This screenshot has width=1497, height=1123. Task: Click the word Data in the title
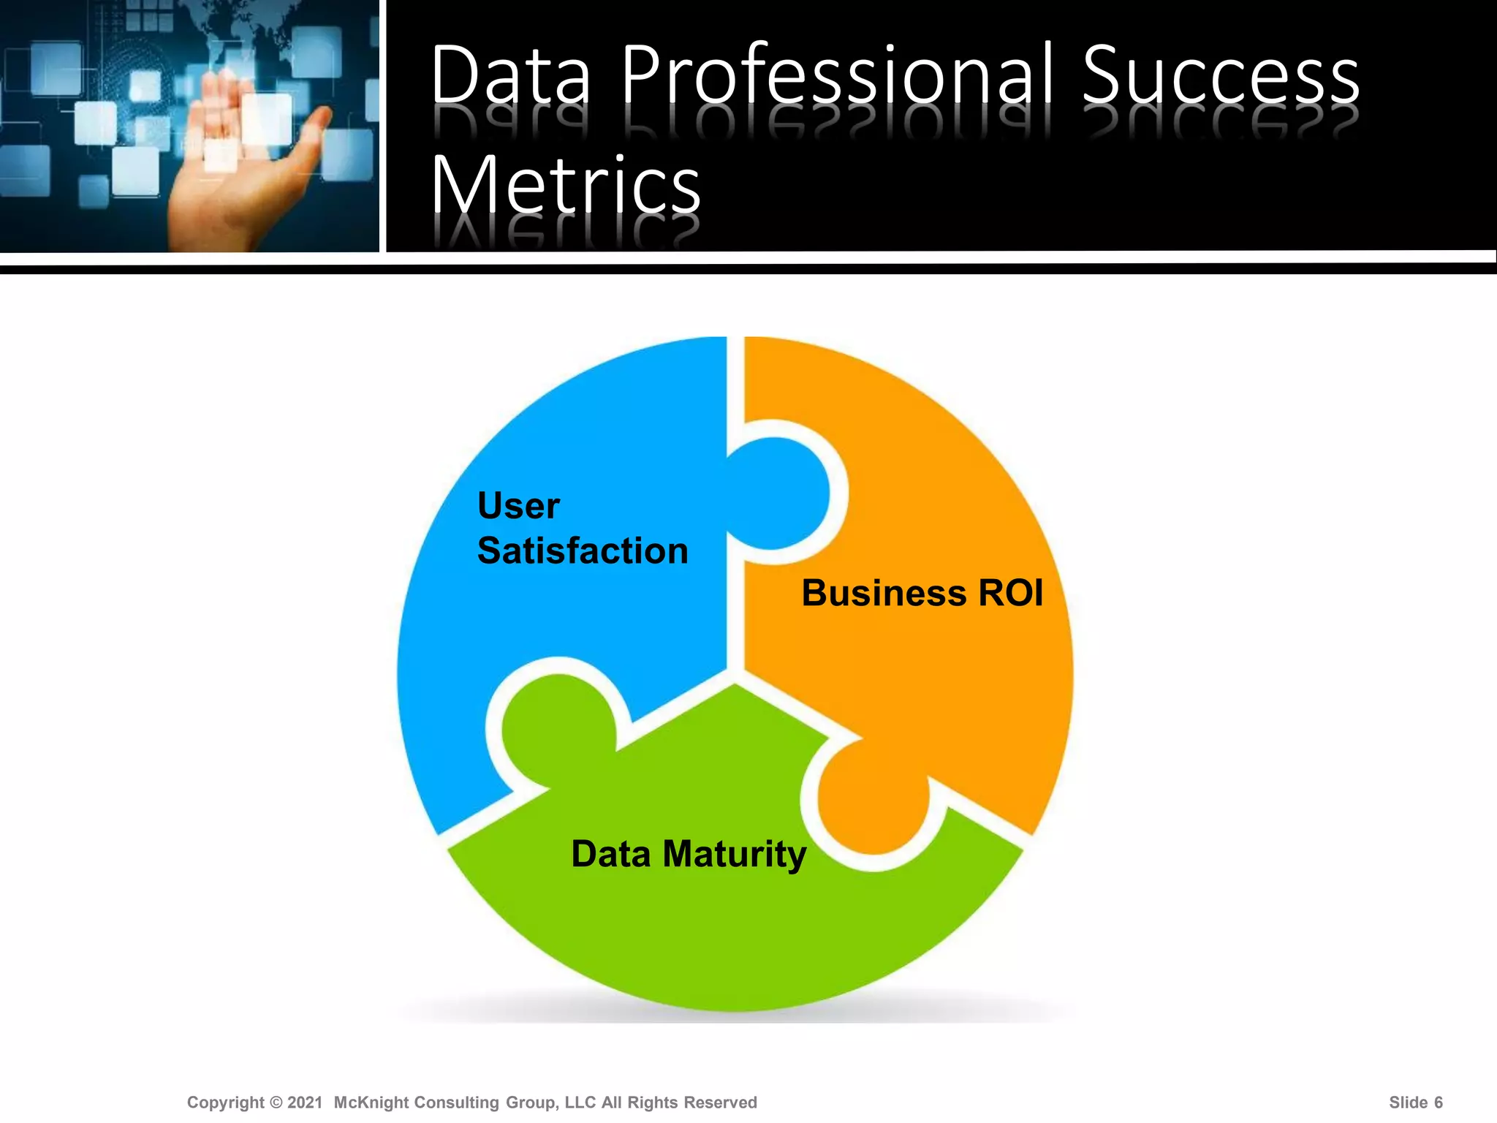click(x=510, y=75)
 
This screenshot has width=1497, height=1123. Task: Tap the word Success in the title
click(x=1220, y=75)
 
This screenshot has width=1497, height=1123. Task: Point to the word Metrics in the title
click(x=566, y=186)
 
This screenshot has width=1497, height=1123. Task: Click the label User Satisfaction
click(x=582, y=528)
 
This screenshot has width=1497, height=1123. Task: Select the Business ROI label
click(x=922, y=593)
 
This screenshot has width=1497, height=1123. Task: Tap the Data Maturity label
click(x=689, y=854)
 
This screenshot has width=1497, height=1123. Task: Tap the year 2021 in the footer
click(x=305, y=1103)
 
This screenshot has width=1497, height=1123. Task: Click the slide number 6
click(x=1438, y=1103)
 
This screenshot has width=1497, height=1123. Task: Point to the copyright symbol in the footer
click(x=276, y=1103)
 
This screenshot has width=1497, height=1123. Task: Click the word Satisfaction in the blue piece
click(x=583, y=551)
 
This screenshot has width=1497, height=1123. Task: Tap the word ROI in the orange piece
click(x=1011, y=593)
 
